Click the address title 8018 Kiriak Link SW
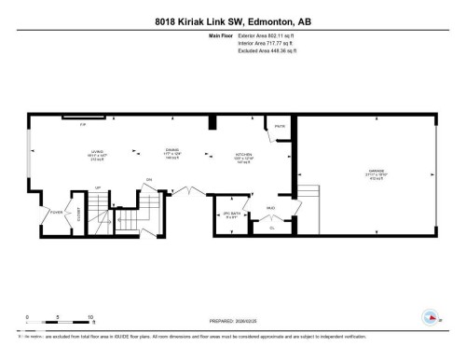click(x=233, y=21)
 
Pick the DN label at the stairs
click(x=148, y=179)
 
